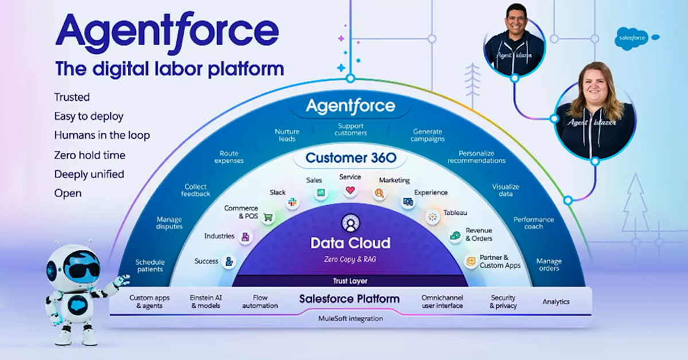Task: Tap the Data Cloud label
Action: (350, 243)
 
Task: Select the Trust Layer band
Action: (350, 281)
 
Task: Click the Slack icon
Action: (293, 202)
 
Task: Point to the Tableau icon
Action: (432, 217)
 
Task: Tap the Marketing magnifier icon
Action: (378, 194)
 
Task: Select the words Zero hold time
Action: (89, 155)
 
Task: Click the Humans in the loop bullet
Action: (102, 135)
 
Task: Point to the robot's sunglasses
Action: (81, 269)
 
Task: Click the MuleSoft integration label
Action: (350, 318)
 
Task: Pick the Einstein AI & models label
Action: (205, 302)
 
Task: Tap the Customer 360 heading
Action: (350, 158)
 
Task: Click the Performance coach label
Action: (533, 222)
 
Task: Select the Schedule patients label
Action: (150, 265)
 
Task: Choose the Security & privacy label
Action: (503, 302)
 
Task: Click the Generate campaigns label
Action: (428, 135)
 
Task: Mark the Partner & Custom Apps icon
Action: (471, 261)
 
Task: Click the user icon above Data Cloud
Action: (350, 222)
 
